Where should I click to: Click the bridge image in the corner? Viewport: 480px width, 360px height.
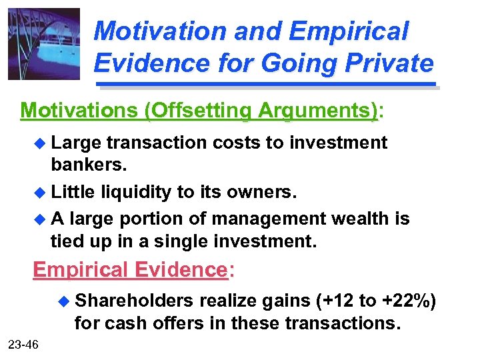pos(44,44)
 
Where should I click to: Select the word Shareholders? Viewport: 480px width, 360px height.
pos(135,301)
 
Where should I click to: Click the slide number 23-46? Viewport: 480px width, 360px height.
pos(23,344)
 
